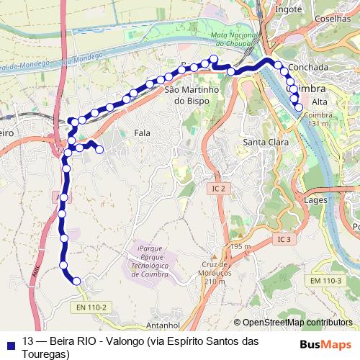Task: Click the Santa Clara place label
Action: [x=266, y=142]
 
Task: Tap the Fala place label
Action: [x=142, y=133]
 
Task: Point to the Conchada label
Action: [x=307, y=67]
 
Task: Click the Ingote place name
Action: [x=289, y=10]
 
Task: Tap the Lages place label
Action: [x=316, y=199]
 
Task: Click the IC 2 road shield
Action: [x=219, y=188]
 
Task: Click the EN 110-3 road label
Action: [x=325, y=279]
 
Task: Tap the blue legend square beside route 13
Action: [x=10, y=342]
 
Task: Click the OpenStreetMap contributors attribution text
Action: [x=297, y=323]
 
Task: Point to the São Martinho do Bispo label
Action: [x=186, y=96]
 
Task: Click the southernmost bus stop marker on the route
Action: [x=76, y=282]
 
